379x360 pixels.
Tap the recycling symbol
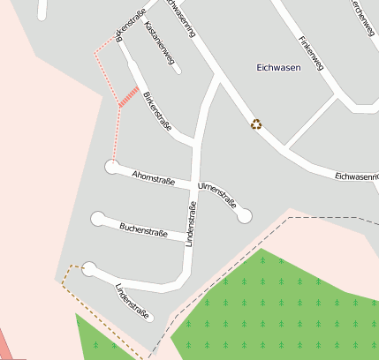[256, 124]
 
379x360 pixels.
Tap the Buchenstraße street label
[142, 231]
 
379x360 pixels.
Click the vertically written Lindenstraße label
[190, 223]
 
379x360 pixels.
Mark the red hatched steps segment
[129, 97]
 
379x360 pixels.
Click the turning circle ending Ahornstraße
[112, 166]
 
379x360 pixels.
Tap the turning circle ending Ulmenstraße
[245, 214]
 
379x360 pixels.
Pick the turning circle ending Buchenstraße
[97, 218]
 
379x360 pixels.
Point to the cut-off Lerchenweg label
[361, 18]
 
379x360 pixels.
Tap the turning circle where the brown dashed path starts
[89, 269]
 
